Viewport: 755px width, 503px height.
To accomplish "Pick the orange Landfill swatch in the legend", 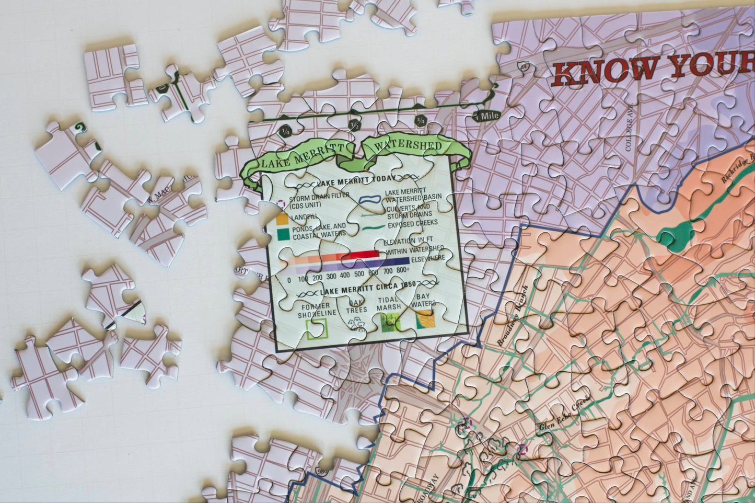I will pyautogui.click(x=282, y=219).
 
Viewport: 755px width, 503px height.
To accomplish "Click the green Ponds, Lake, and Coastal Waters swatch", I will pyautogui.click(x=283, y=233).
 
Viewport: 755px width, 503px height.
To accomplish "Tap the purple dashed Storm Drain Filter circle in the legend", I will pyautogui.click(x=281, y=204).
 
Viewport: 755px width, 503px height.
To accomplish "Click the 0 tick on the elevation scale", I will pyautogui.click(x=289, y=279).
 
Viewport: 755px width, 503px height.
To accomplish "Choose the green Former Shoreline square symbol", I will pyautogui.click(x=316, y=328).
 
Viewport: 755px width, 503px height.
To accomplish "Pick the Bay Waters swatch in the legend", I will pyautogui.click(x=424, y=319).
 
